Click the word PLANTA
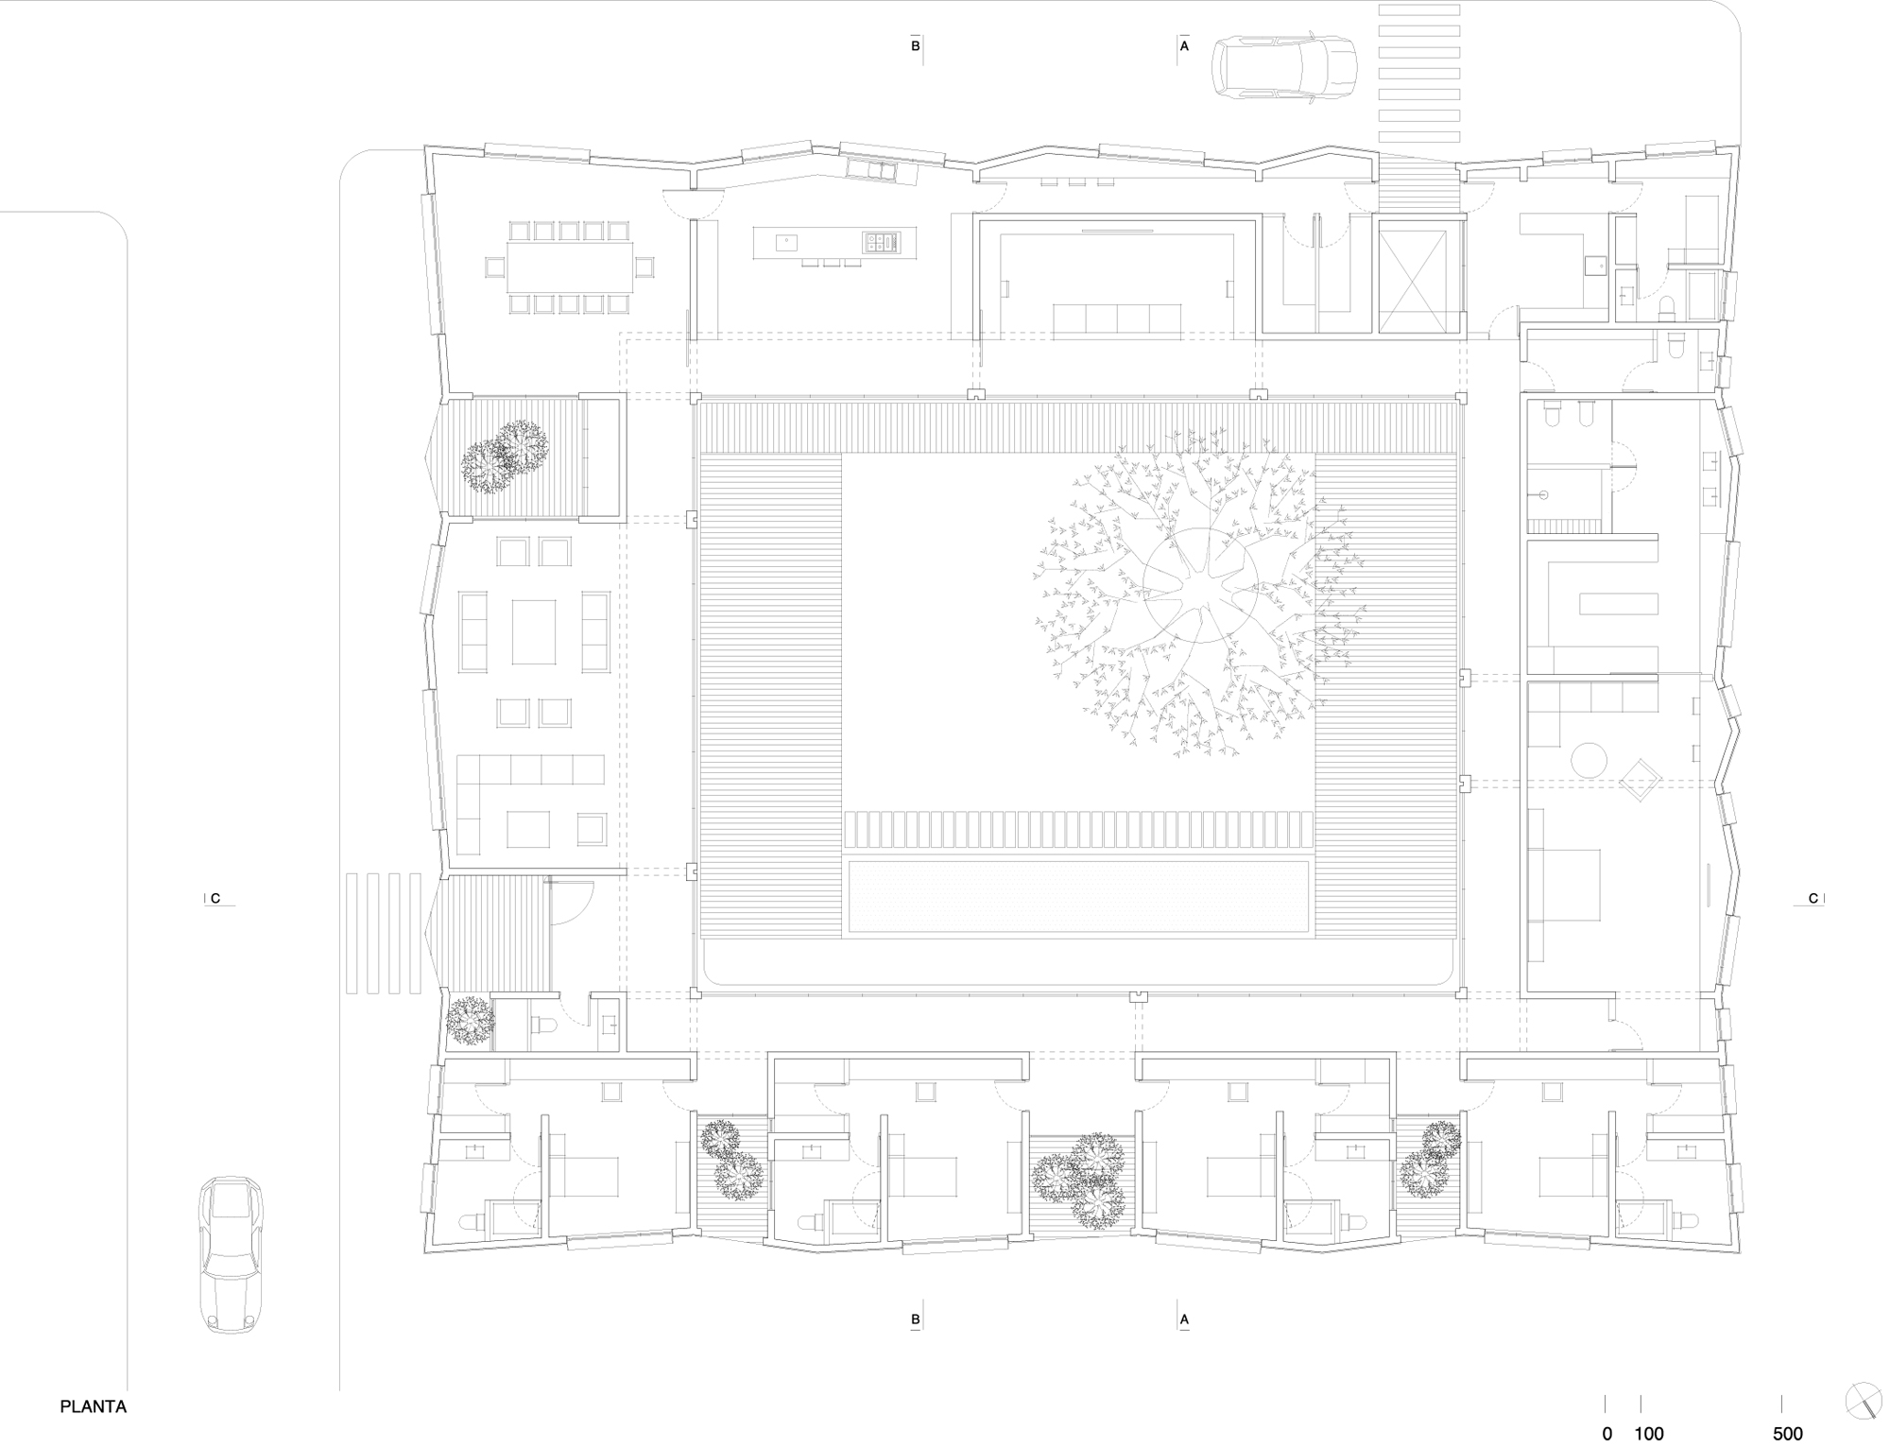[x=94, y=1406]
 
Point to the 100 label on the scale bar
[x=1649, y=1434]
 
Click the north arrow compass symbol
[x=1862, y=1402]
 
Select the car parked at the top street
[x=1285, y=65]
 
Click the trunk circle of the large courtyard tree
[x=1199, y=586]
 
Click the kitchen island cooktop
[x=875, y=243]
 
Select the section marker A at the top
[x=1183, y=45]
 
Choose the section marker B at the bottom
[x=916, y=1319]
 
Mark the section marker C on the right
[x=1813, y=899]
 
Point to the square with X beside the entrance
[x=1412, y=280]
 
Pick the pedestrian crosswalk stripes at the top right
[x=1419, y=76]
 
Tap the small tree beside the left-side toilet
[x=470, y=1021]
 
